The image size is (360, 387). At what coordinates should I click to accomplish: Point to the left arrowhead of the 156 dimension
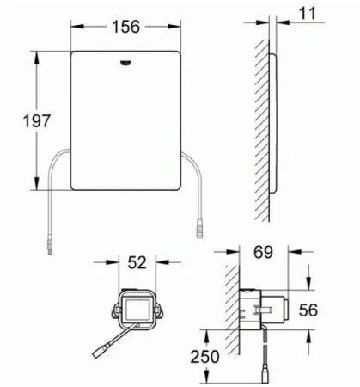point(71,27)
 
